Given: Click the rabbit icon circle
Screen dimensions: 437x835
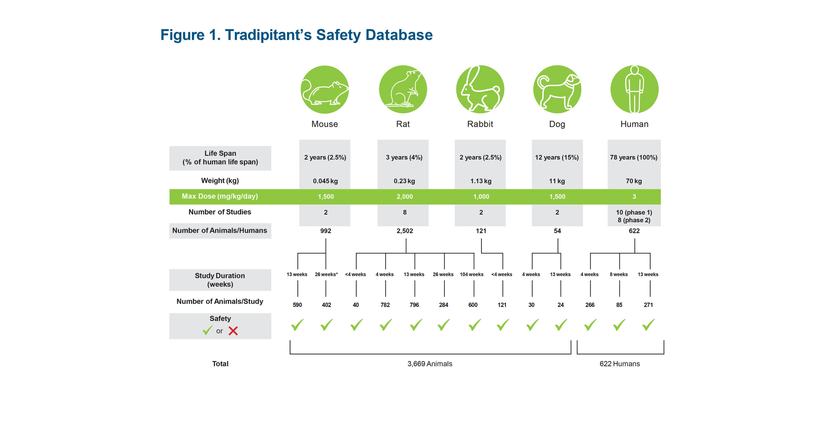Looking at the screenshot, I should (480, 89).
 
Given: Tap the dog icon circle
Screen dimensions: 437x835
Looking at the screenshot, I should (557, 89).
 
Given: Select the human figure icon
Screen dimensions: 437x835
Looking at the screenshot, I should (634, 89).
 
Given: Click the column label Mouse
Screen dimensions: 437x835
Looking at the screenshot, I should (324, 124).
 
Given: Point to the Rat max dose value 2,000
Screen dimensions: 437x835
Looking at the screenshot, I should (405, 197).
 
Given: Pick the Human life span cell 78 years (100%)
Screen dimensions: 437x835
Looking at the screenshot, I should (634, 157).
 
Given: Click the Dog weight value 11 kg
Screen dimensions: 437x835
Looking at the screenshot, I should (557, 181).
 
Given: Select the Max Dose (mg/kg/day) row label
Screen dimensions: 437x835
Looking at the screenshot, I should (220, 196).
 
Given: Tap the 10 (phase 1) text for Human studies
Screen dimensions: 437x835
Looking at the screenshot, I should (634, 212).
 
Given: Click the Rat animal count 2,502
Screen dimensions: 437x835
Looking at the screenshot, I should (405, 231).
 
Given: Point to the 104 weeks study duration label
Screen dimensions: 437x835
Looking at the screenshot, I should (471, 274).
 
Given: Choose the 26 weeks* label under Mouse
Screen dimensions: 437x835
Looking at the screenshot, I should (326, 274).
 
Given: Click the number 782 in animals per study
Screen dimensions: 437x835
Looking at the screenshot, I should (385, 305).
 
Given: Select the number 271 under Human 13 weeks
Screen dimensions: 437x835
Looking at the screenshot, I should (648, 305).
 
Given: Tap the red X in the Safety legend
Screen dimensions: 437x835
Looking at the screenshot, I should (233, 331).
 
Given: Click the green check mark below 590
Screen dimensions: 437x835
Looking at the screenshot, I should (297, 325).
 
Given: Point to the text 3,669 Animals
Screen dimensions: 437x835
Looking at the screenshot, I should (430, 364).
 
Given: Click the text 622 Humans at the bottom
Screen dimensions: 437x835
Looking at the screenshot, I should (619, 364).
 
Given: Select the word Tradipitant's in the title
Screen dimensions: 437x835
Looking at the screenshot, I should (268, 35).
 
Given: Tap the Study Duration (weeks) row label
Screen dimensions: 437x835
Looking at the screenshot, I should (220, 280).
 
